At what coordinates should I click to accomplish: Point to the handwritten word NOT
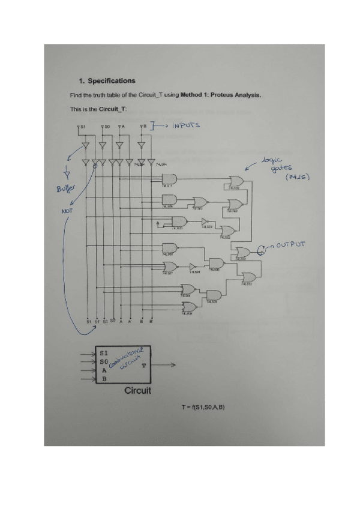[x=67, y=211]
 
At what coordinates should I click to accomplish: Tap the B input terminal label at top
[x=143, y=127]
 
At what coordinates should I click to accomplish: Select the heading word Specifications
[x=112, y=81]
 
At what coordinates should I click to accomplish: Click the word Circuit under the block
[x=137, y=390]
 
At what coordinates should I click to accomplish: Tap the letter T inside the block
[x=143, y=365]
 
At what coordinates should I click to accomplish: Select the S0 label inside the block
[x=104, y=362]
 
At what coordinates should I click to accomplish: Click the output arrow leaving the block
[x=164, y=365]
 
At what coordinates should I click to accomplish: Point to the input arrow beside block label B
[x=88, y=379]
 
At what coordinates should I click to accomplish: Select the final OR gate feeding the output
[x=243, y=253]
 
